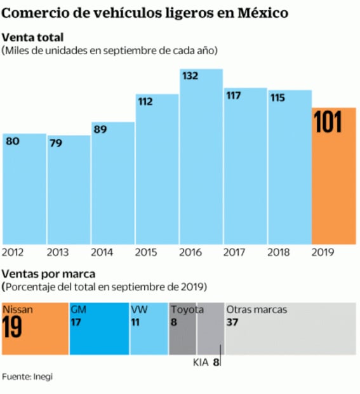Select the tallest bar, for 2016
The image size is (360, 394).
pos(201,165)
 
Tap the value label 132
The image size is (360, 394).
pos(190,76)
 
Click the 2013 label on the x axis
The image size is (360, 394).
pos(58,252)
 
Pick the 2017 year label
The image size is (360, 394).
pos(235,252)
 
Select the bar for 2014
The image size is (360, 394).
pos(112,184)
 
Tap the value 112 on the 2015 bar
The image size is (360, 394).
pos(146,102)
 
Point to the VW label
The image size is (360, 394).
pos(139,309)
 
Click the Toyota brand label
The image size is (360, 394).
pos(188,309)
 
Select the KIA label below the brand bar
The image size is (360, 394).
pos(201,363)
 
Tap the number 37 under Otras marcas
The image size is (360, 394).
pos(232,322)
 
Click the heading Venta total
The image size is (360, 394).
pos(33,37)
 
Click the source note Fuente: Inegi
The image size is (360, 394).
pos(27,377)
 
